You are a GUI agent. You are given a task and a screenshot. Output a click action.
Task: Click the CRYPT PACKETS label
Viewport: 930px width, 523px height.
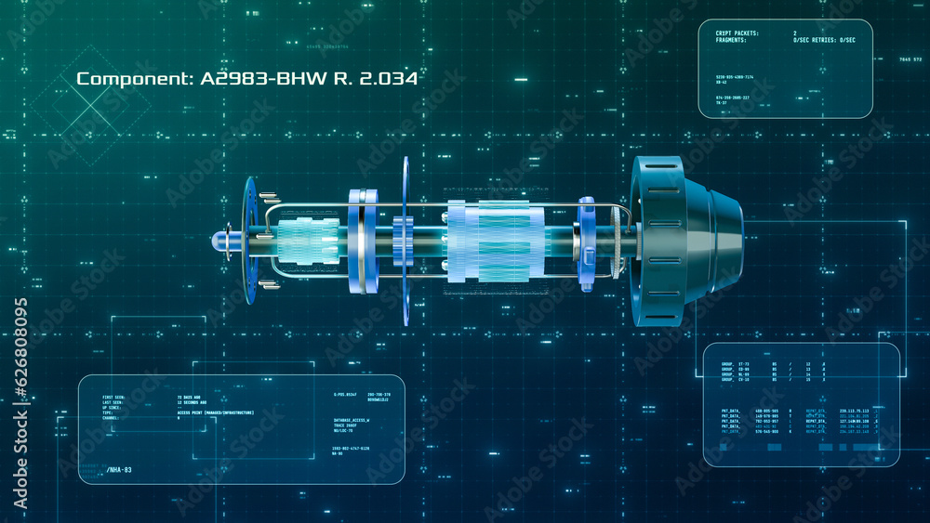(737, 33)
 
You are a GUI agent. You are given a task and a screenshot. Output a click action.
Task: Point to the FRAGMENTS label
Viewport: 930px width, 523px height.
(731, 40)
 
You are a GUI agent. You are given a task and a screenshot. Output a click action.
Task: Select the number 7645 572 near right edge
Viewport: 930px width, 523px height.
(910, 59)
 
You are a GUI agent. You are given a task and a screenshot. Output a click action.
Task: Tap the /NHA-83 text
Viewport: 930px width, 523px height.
(118, 470)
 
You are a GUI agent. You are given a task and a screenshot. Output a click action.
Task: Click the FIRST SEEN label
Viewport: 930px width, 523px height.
(114, 397)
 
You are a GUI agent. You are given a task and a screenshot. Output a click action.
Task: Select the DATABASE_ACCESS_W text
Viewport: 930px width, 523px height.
(352, 420)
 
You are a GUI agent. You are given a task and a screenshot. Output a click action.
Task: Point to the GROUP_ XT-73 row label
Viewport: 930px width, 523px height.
(735, 364)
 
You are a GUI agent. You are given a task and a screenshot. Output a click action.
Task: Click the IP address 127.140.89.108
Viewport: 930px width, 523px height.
(854, 421)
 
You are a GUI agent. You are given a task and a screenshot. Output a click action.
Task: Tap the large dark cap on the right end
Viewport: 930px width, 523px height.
(684, 241)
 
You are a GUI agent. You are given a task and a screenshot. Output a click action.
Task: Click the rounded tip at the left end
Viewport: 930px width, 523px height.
(220, 240)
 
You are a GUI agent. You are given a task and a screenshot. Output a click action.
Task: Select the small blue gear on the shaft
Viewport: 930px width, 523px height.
(403, 242)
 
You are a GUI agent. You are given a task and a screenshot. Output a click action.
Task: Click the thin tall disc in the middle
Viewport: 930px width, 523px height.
(406, 240)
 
